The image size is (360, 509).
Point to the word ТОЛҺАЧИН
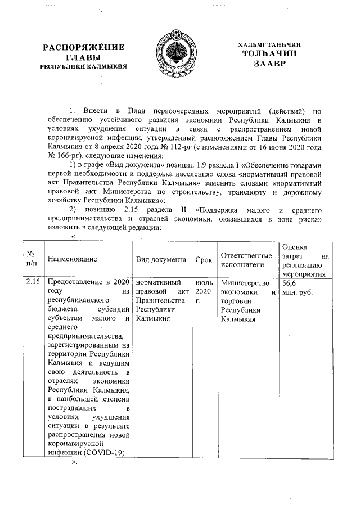(x=269, y=53)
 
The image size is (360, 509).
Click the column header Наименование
(x=72, y=259)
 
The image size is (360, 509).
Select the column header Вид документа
(x=161, y=259)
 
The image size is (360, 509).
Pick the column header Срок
(x=203, y=259)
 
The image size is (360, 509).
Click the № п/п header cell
(x=31, y=259)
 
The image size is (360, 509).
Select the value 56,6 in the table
(x=289, y=282)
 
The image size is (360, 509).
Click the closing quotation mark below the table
(x=73, y=463)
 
